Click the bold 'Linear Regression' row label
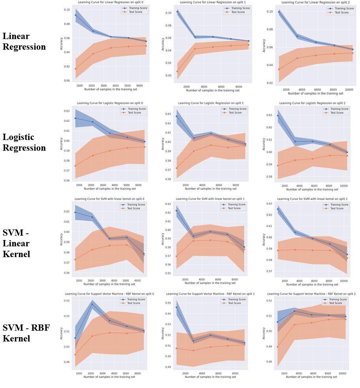(x=24, y=41)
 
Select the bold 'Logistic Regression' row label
(x=24, y=142)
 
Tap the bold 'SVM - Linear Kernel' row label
(x=16, y=243)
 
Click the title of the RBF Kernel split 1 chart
(x=210, y=294)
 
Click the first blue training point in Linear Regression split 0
(x=75, y=15)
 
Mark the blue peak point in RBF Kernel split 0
(x=92, y=304)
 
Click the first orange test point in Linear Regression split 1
(x=177, y=71)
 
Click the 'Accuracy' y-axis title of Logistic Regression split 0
(x=61, y=144)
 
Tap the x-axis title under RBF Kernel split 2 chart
(x=311, y=377)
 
